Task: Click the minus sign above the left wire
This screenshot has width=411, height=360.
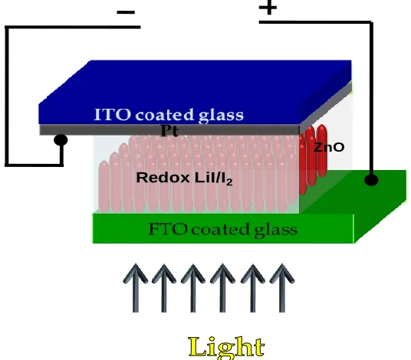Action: (x=126, y=12)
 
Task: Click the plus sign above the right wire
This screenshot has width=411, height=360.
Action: (x=268, y=8)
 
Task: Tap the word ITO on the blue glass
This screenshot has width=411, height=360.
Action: (x=112, y=114)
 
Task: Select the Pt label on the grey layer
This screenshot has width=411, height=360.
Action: (x=169, y=130)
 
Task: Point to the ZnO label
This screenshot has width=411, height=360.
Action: (x=329, y=147)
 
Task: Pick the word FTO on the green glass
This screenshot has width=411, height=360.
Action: (x=168, y=229)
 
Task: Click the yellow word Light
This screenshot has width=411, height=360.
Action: (x=226, y=347)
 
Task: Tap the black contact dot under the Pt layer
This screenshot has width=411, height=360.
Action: (x=61, y=140)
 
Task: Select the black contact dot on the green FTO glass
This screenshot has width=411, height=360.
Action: (x=371, y=180)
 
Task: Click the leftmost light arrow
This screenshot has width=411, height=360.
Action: (x=136, y=288)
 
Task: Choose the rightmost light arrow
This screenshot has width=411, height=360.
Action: (x=282, y=288)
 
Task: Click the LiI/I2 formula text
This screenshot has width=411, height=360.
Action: (x=214, y=178)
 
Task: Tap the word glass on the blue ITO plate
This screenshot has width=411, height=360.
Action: (x=221, y=116)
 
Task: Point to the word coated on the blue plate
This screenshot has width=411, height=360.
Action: (x=164, y=115)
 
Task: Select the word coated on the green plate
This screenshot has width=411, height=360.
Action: (x=220, y=229)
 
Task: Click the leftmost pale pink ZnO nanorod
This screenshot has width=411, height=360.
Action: (x=104, y=186)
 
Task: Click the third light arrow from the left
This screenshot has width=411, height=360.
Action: (x=193, y=288)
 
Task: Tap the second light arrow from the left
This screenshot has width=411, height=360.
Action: (x=164, y=288)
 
